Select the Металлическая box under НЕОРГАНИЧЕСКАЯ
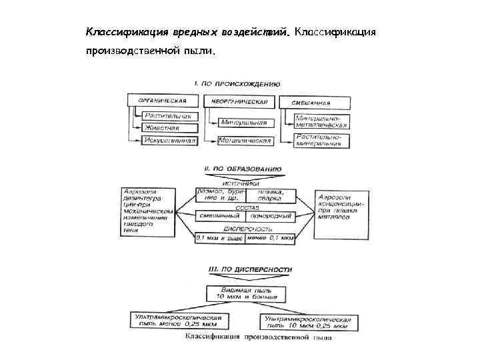(x=245, y=141)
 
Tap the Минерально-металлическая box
(x=321, y=121)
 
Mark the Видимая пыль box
(x=245, y=293)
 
